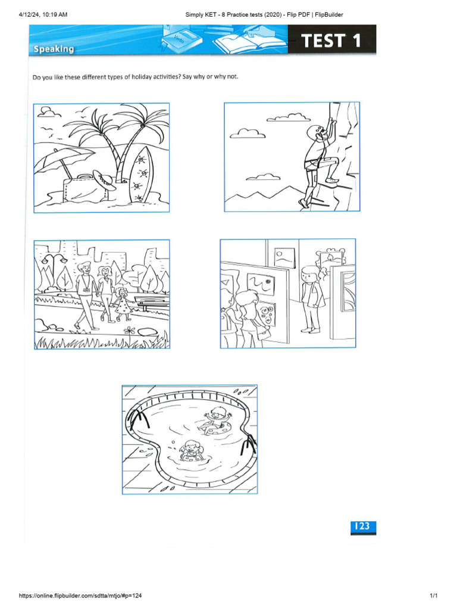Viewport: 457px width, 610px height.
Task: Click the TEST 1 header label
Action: point(331,41)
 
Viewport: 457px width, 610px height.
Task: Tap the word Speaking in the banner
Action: point(54,49)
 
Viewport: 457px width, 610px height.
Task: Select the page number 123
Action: point(362,526)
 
